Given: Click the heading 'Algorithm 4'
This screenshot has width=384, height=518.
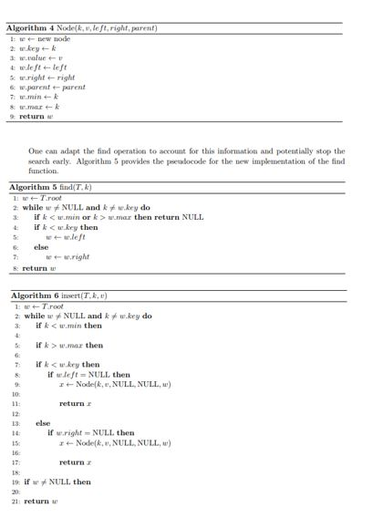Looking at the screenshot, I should pos(36,28).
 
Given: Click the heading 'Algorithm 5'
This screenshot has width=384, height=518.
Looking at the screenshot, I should pos(36,187).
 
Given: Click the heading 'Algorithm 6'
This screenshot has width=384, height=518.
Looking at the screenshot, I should pos(36,296).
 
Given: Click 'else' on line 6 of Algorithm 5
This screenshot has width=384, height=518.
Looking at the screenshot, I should pos(41,247).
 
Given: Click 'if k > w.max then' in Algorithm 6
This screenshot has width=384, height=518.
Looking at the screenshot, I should pos(69,346).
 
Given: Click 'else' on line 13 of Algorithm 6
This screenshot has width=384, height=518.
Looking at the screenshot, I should pos(43,423).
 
